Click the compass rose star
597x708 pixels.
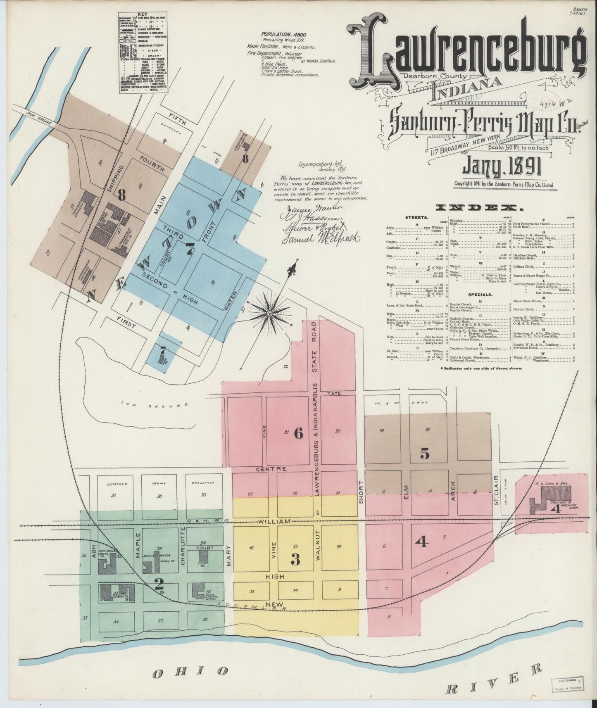tap(269, 314)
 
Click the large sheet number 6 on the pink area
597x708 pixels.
tap(298, 433)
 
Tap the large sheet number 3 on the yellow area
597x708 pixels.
tap(295, 560)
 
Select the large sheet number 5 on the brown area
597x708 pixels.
tap(425, 454)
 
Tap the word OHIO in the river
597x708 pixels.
tap(190, 672)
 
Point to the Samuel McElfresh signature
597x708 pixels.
tap(319, 238)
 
